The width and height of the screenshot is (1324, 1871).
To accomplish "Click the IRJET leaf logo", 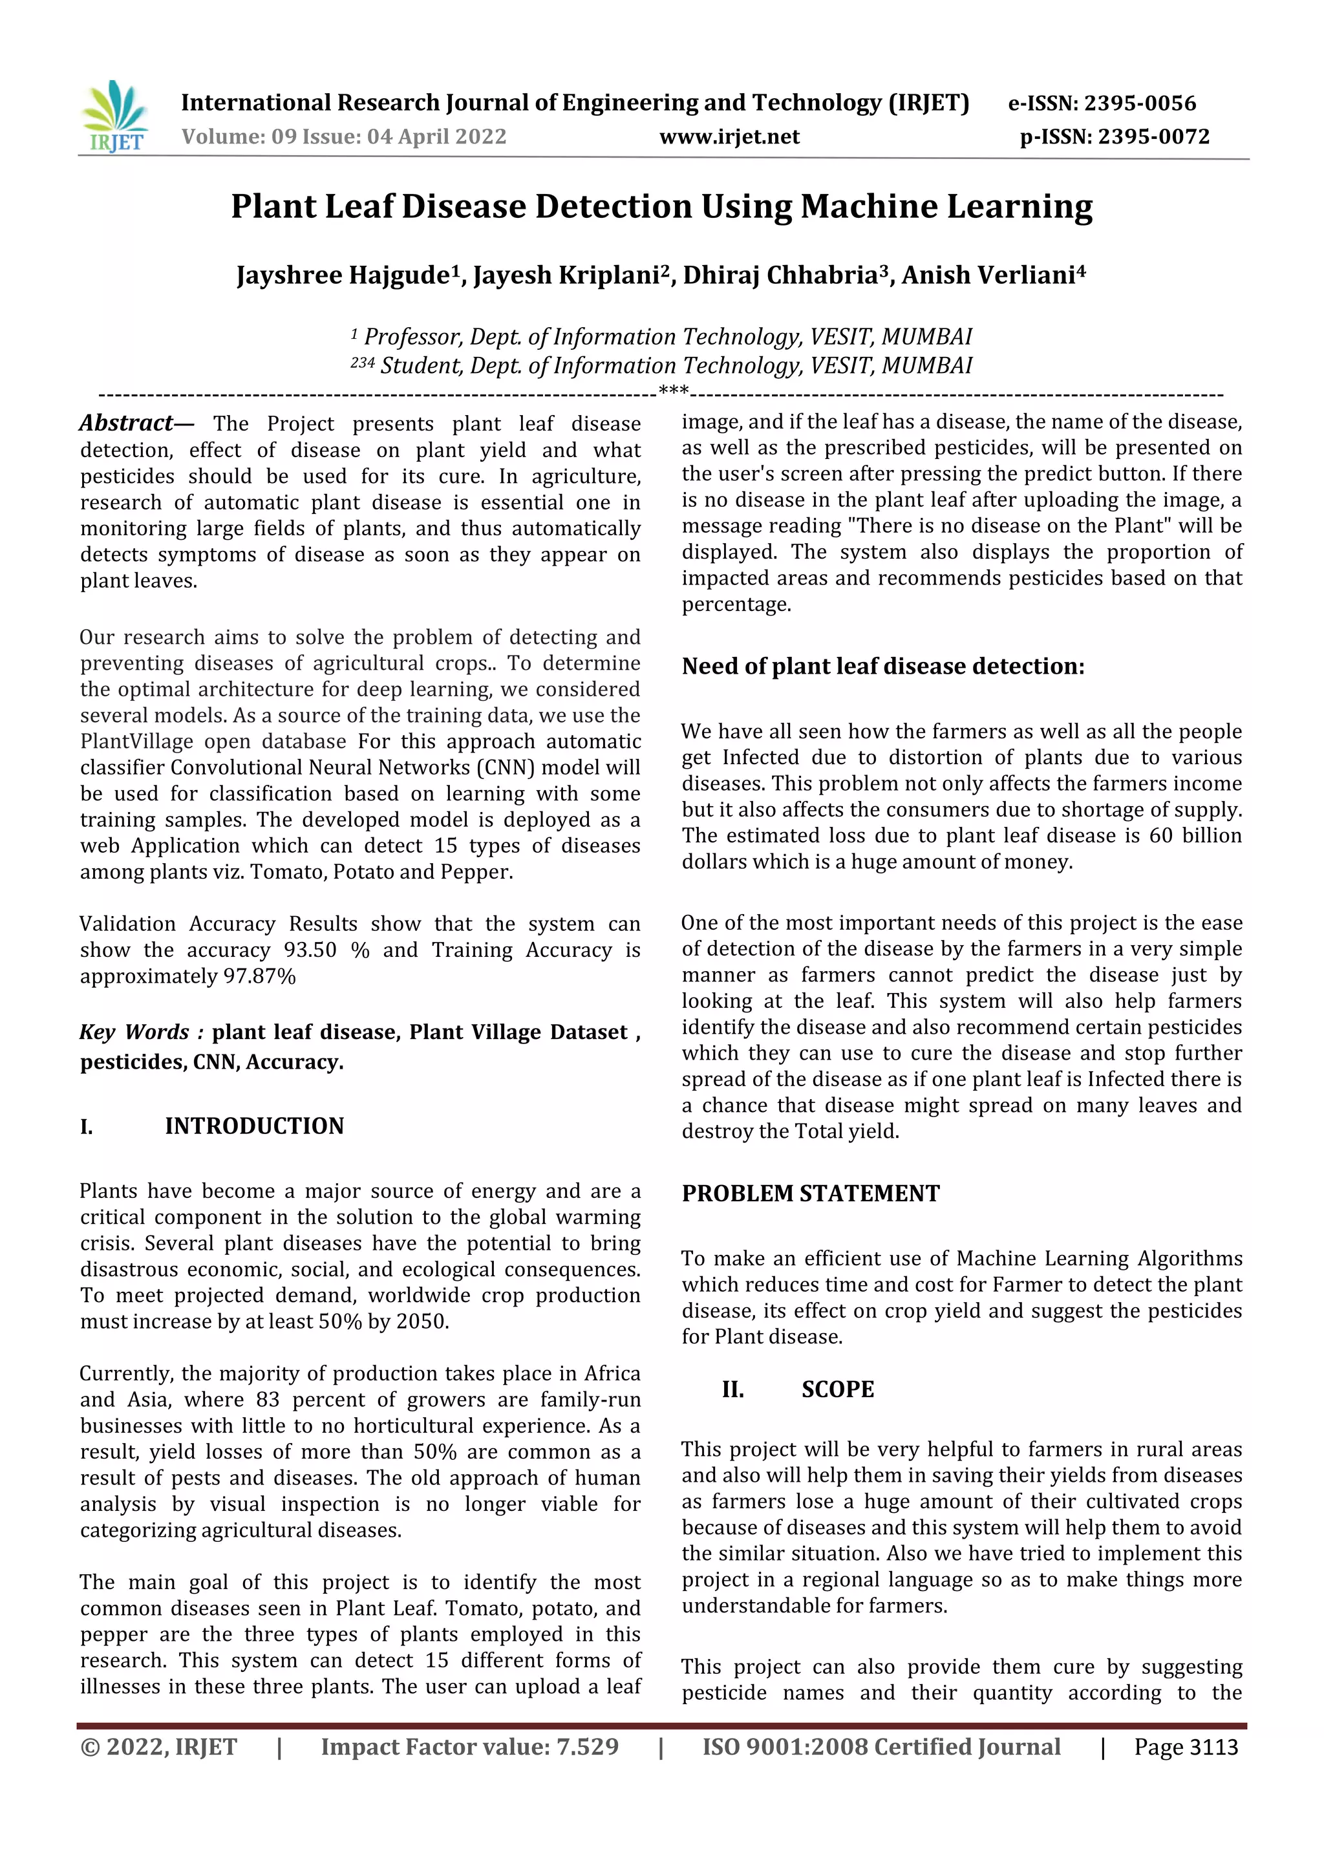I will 114,116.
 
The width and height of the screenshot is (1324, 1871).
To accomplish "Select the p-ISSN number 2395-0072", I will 1153,137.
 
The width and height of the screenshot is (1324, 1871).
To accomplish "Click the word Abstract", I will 126,423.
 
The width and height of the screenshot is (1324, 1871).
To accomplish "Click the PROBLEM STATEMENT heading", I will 811,1193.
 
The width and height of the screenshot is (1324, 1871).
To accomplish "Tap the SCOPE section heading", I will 837,1389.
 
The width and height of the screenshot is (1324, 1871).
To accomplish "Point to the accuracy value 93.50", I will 310,950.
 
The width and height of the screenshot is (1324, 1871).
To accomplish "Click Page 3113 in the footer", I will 1186,1747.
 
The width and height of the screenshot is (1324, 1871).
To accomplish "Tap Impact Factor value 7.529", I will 469,1747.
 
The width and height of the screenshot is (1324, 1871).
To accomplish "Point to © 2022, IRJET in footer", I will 158,1747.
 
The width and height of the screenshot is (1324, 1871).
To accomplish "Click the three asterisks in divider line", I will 674,391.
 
